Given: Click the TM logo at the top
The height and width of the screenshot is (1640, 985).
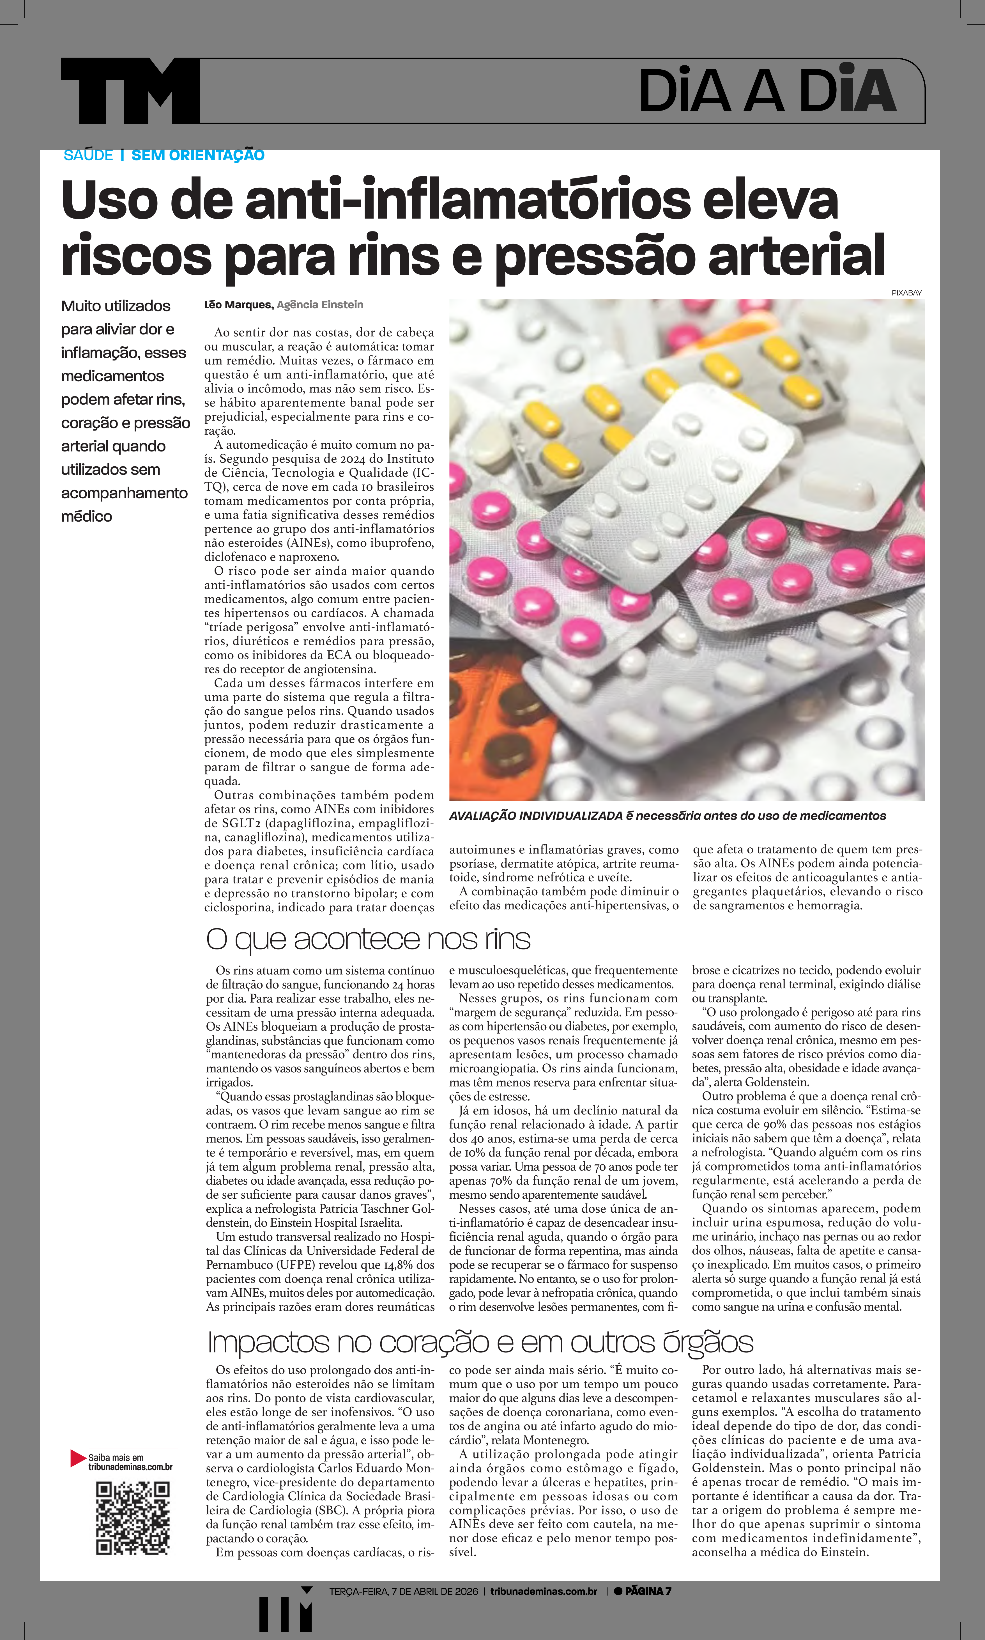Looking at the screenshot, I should coord(130,91).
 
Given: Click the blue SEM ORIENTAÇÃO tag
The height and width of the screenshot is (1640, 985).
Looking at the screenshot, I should coord(198,155).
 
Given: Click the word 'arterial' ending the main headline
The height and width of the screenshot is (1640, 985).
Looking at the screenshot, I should coord(797,255).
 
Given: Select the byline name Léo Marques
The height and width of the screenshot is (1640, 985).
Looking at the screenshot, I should coord(238,305).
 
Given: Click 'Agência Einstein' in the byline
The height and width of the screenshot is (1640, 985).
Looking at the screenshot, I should coord(320,305).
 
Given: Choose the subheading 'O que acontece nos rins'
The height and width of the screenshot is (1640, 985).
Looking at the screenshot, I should coord(368,939).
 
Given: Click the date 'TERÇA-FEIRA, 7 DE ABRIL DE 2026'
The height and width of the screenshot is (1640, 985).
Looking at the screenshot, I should coord(404,1591).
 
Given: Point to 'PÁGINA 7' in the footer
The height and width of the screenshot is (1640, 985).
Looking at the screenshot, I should coord(647,1591).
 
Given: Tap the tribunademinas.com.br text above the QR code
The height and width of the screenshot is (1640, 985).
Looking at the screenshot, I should coord(131,1467).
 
